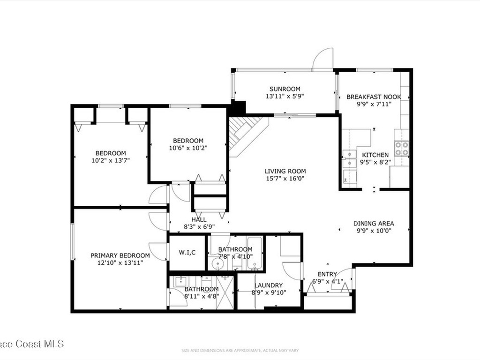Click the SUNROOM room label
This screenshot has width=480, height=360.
click(x=285, y=89)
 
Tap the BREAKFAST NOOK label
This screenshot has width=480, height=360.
click(x=374, y=97)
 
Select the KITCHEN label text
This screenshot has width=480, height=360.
click(x=374, y=155)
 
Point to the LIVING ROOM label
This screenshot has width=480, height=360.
click(x=285, y=172)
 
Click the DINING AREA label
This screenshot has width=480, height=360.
click(x=373, y=224)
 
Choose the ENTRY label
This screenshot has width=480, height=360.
click(x=327, y=274)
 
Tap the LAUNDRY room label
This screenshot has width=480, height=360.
click(x=268, y=285)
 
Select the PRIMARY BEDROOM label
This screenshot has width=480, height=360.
click(x=120, y=255)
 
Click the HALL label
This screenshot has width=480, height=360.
click(x=199, y=219)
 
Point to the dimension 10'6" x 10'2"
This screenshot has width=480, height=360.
click(x=188, y=148)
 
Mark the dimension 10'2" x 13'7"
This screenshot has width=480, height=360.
click(x=111, y=160)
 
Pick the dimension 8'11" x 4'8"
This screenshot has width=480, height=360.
click(x=202, y=296)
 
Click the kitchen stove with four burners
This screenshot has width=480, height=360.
click(x=401, y=148)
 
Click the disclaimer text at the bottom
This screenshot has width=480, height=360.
click(x=240, y=350)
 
